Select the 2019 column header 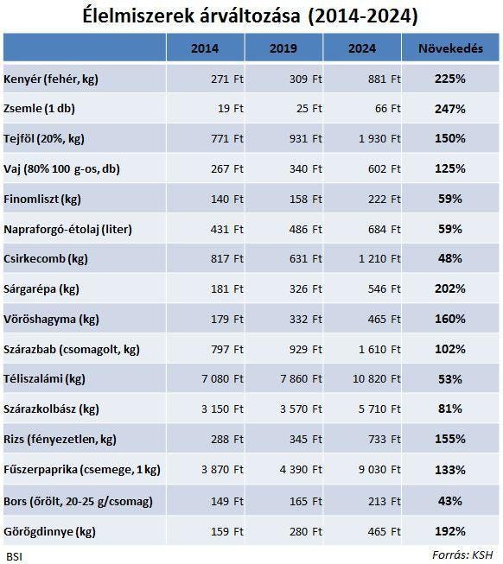[283, 48]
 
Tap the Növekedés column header [450, 48]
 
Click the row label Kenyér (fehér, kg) [51, 79]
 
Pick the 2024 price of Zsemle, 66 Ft [387, 108]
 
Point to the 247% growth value [449, 109]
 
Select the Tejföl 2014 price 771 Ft [227, 138]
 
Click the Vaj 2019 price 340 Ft [306, 168]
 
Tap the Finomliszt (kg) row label [42, 199]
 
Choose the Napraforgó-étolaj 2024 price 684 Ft [384, 229]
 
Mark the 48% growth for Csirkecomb [449, 258]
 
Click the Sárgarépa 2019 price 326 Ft [306, 288]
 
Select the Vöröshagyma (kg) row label [51, 319]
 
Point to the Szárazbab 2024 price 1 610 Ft [379, 349]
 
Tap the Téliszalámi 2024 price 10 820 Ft [376, 379]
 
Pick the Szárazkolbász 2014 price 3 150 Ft [222, 409]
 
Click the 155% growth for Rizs [449, 439]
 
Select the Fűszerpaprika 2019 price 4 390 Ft [301, 469]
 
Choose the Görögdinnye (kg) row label [49, 532]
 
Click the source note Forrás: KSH [462, 555]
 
